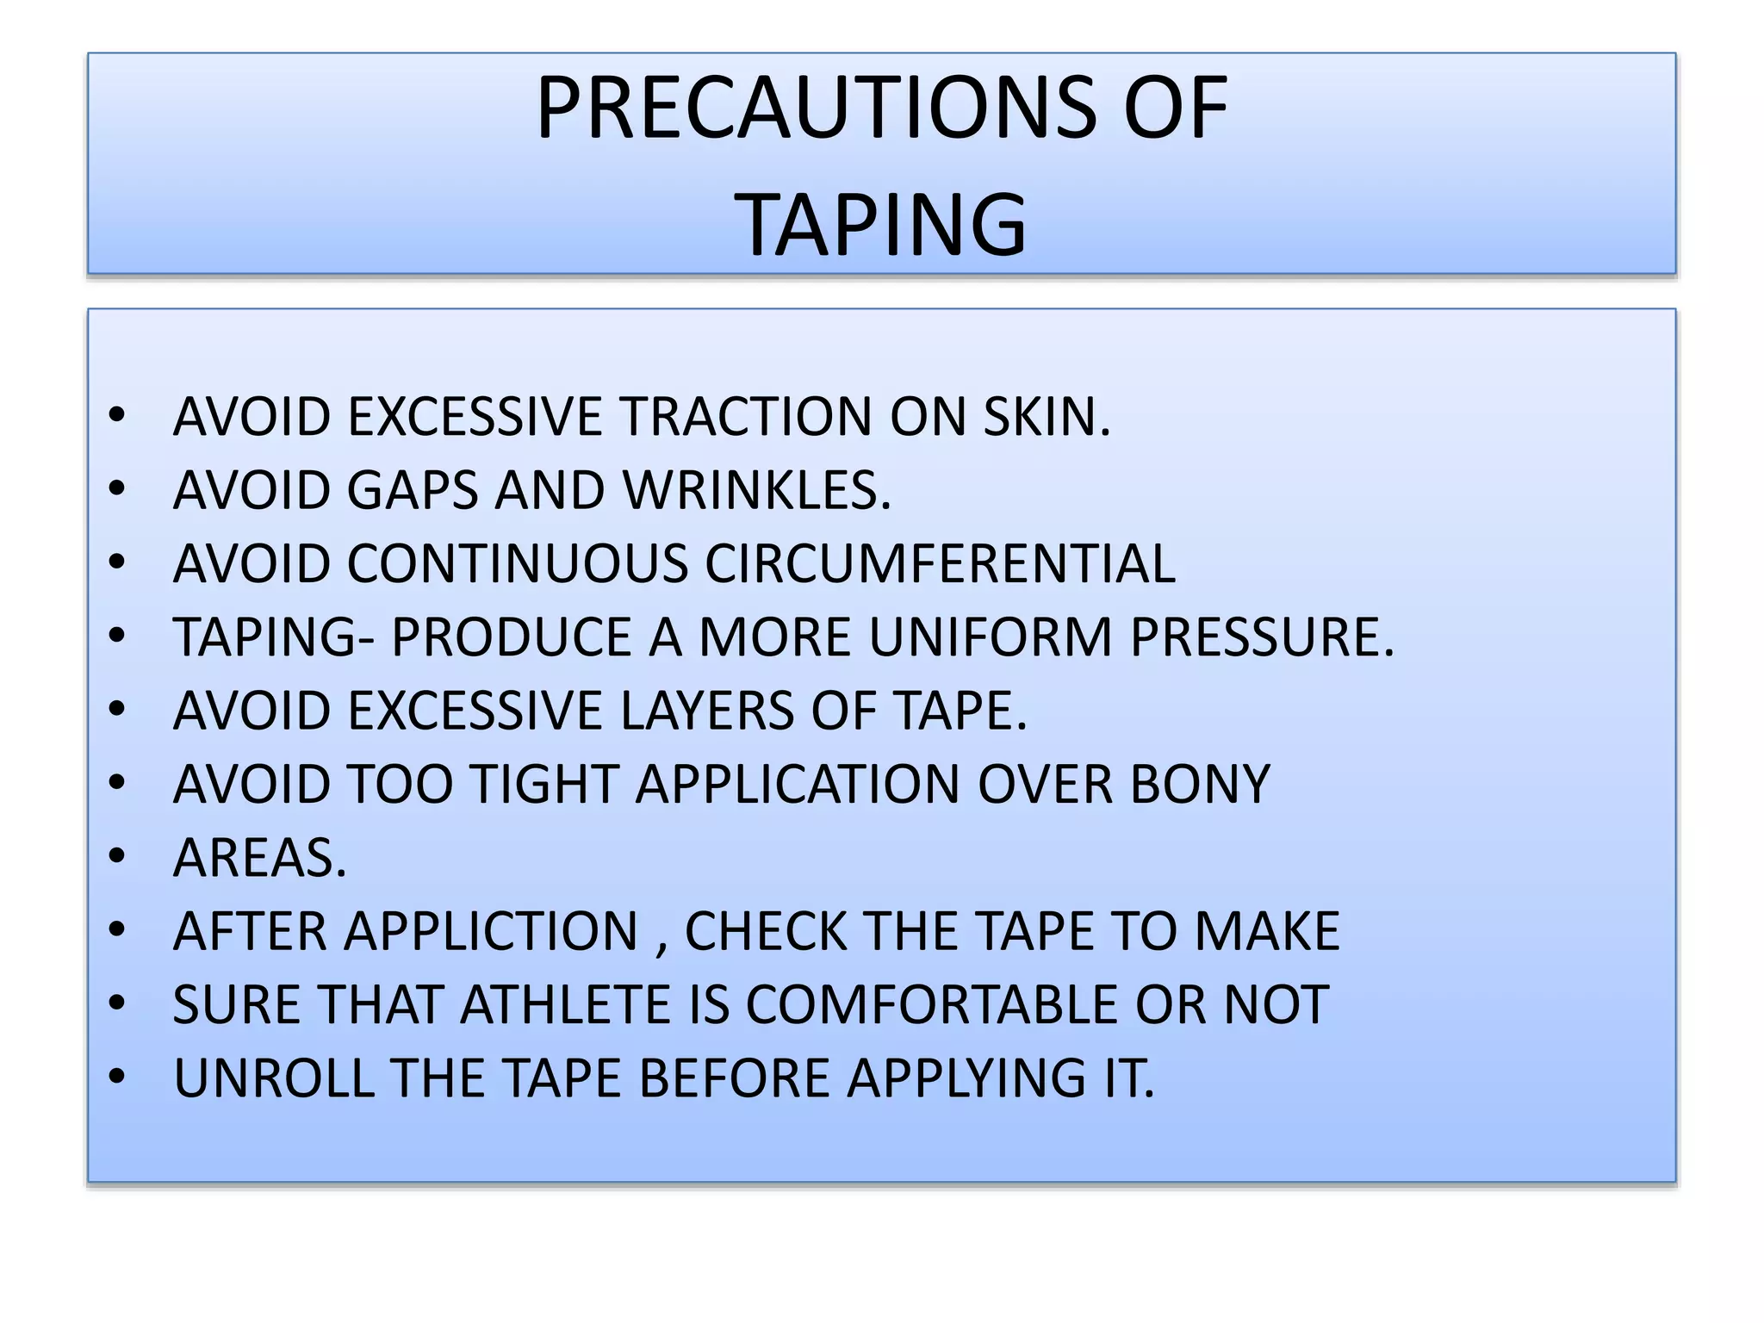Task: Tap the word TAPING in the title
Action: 881,225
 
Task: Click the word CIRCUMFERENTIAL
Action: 940,564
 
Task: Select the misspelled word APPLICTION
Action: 492,931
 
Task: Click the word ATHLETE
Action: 565,1005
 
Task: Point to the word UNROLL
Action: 274,1078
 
